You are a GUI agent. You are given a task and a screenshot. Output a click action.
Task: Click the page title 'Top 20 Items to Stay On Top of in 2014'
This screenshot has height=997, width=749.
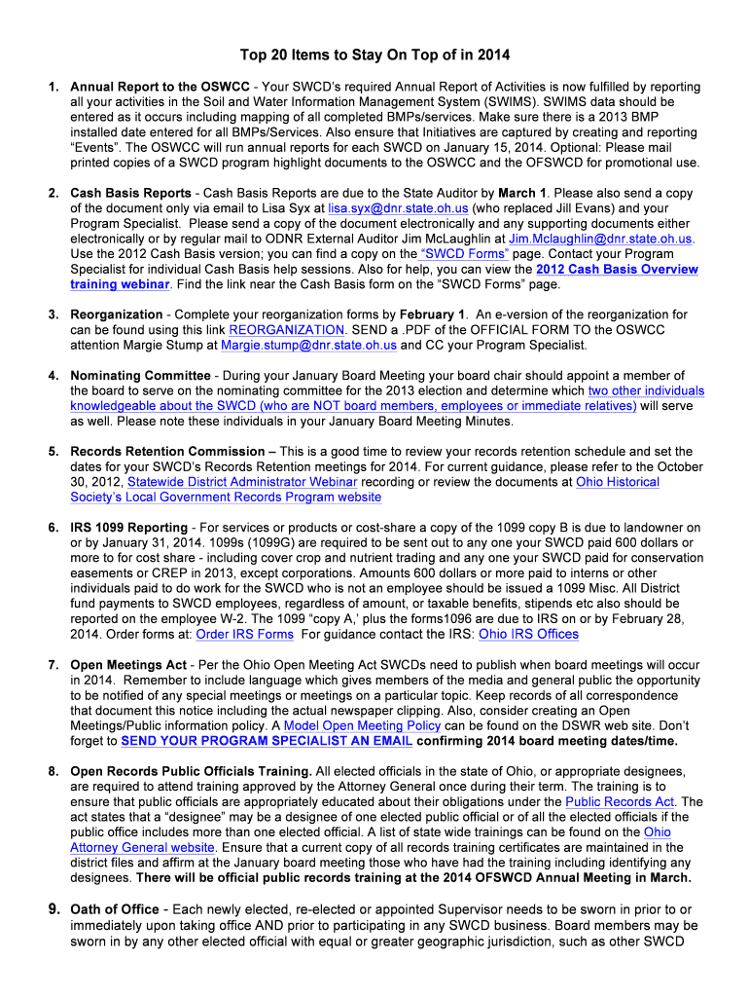pos(374,55)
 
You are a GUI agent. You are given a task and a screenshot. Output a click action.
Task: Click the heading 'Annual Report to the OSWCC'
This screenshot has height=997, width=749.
pos(160,87)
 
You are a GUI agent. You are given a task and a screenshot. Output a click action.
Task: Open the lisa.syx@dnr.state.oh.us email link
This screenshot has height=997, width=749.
pos(398,208)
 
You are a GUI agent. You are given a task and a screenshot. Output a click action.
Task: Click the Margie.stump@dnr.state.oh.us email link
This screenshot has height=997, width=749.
pos(308,345)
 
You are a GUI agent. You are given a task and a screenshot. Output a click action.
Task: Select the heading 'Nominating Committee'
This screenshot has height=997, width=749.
pos(140,376)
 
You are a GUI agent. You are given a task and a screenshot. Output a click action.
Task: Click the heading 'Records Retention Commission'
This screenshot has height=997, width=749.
pos(167,452)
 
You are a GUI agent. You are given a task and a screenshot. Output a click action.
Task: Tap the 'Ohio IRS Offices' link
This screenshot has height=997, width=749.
pos(529,634)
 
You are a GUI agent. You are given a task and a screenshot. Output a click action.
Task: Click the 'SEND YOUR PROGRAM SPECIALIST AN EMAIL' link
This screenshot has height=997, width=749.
pos(267,741)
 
